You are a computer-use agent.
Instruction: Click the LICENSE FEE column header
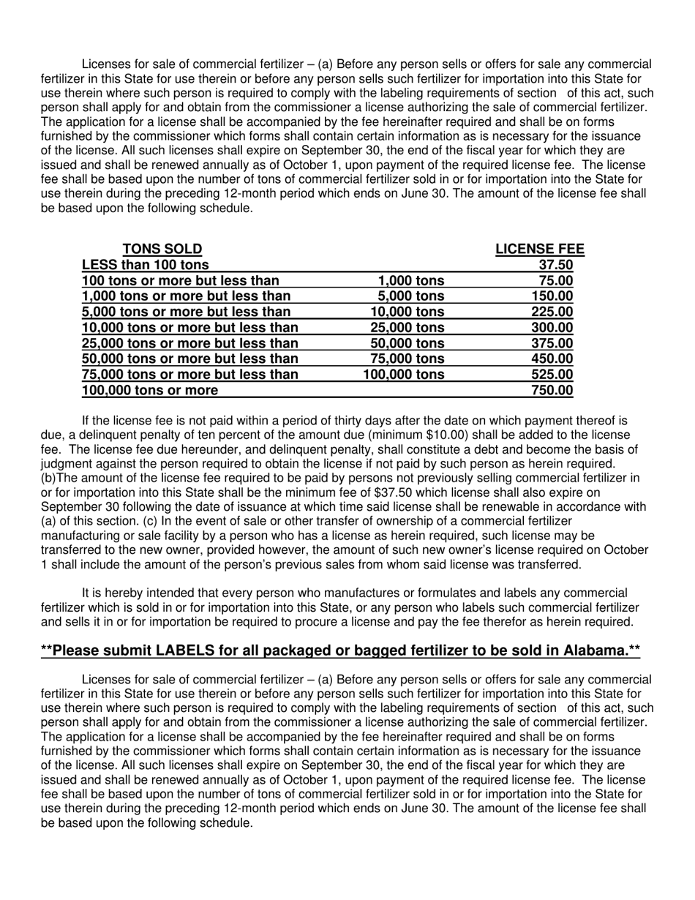tap(540, 249)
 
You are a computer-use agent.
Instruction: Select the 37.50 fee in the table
tap(555, 265)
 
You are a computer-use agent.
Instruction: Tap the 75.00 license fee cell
tap(555, 280)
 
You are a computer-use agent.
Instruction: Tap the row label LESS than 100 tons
tap(146, 265)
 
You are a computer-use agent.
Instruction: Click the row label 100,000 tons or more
tap(150, 390)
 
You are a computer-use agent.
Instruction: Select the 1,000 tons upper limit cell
tap(411, 280)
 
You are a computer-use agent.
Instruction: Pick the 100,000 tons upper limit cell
tap(404, 375)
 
